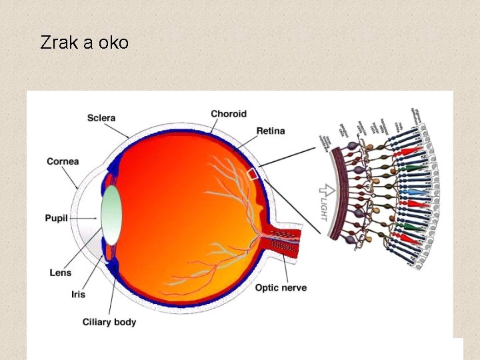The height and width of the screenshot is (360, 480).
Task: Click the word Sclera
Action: (101, 118)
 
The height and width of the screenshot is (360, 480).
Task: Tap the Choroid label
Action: (229, 114)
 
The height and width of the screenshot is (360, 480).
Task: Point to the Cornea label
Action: (63, 161)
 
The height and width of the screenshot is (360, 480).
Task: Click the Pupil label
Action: (57, 218)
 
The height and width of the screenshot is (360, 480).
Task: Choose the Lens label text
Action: (61, 272)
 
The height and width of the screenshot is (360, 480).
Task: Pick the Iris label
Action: (78, 294)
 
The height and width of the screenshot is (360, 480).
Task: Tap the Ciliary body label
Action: (109, 322)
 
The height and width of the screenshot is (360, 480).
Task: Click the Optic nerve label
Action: (281, 287)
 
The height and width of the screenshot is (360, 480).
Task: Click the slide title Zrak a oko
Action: (84, 43)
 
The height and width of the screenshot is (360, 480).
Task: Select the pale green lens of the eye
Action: (111, 214)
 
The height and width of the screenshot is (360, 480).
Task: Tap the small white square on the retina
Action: (253, 174)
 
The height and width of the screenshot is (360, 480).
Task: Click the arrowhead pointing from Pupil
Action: (96, 218)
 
